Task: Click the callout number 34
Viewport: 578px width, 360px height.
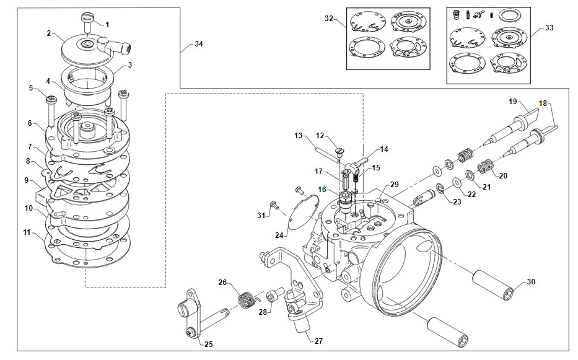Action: coord(199,44)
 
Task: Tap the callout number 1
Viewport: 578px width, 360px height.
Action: coord(107,25)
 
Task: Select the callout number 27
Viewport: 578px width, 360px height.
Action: coord(318,341)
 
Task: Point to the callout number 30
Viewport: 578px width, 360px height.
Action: coord(531,282)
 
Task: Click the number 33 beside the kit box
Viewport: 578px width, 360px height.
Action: coord(550,28)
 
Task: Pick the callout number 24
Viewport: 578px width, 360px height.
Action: coord(279,235)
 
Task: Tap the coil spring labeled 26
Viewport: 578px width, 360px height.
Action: coord(245,299)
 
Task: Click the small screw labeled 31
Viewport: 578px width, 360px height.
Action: coord(274,204)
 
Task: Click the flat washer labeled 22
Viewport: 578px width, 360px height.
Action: coord(457,183)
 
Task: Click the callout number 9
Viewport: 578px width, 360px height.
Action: coord(27,180)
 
